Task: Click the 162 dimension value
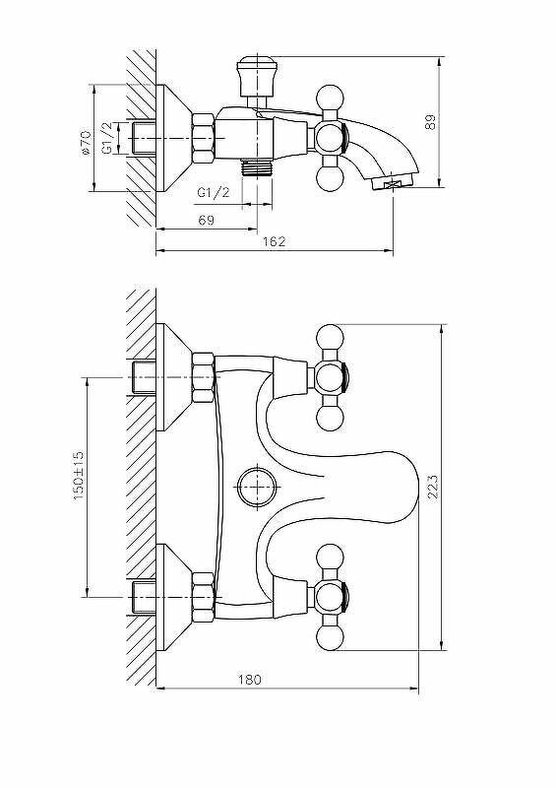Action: coord(275,243)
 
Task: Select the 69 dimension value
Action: coord(206,221)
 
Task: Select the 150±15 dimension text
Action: coord(79,477)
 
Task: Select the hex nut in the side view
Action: coord(204,137)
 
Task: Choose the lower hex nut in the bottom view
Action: coord(204,596)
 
